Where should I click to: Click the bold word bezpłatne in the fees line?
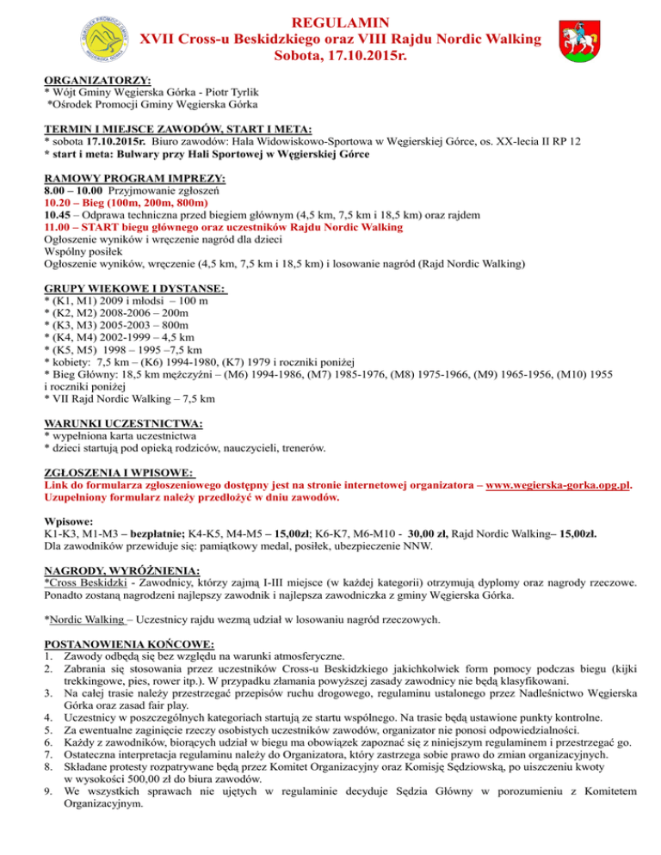(x=115, y=533)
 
